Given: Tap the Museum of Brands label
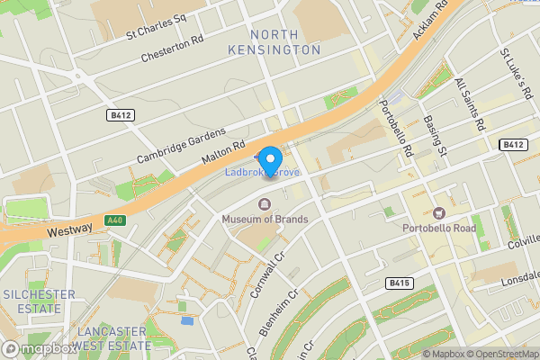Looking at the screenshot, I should point(265,220).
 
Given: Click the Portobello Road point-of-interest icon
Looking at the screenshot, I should point(439,213).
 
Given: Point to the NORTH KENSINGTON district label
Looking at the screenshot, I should point(285,41).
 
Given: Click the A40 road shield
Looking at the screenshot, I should point(114,220).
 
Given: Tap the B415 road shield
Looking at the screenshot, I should point(400,283).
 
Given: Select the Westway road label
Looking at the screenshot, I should point(69,230).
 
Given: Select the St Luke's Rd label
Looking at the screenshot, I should point(517,76).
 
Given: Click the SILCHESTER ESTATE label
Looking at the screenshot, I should point(31,301).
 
